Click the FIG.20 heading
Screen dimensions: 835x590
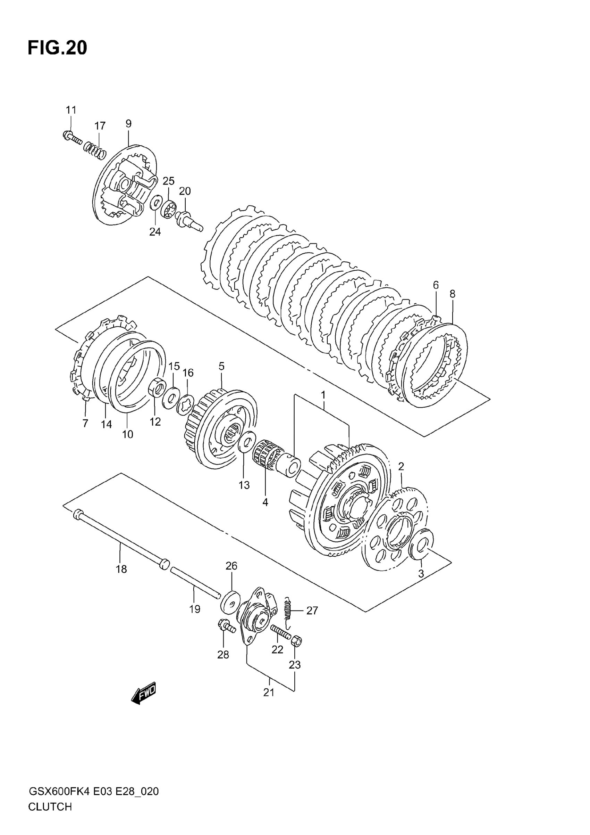(57, 48)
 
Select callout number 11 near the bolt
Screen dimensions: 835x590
(71, 110)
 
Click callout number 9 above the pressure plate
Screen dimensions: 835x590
(129, 124)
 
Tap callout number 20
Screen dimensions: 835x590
(185, 191)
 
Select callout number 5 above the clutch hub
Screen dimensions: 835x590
(222, 366)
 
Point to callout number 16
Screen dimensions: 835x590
(188, 373)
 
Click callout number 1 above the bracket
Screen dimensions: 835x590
(323, 395)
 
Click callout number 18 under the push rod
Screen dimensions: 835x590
(121, 569)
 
